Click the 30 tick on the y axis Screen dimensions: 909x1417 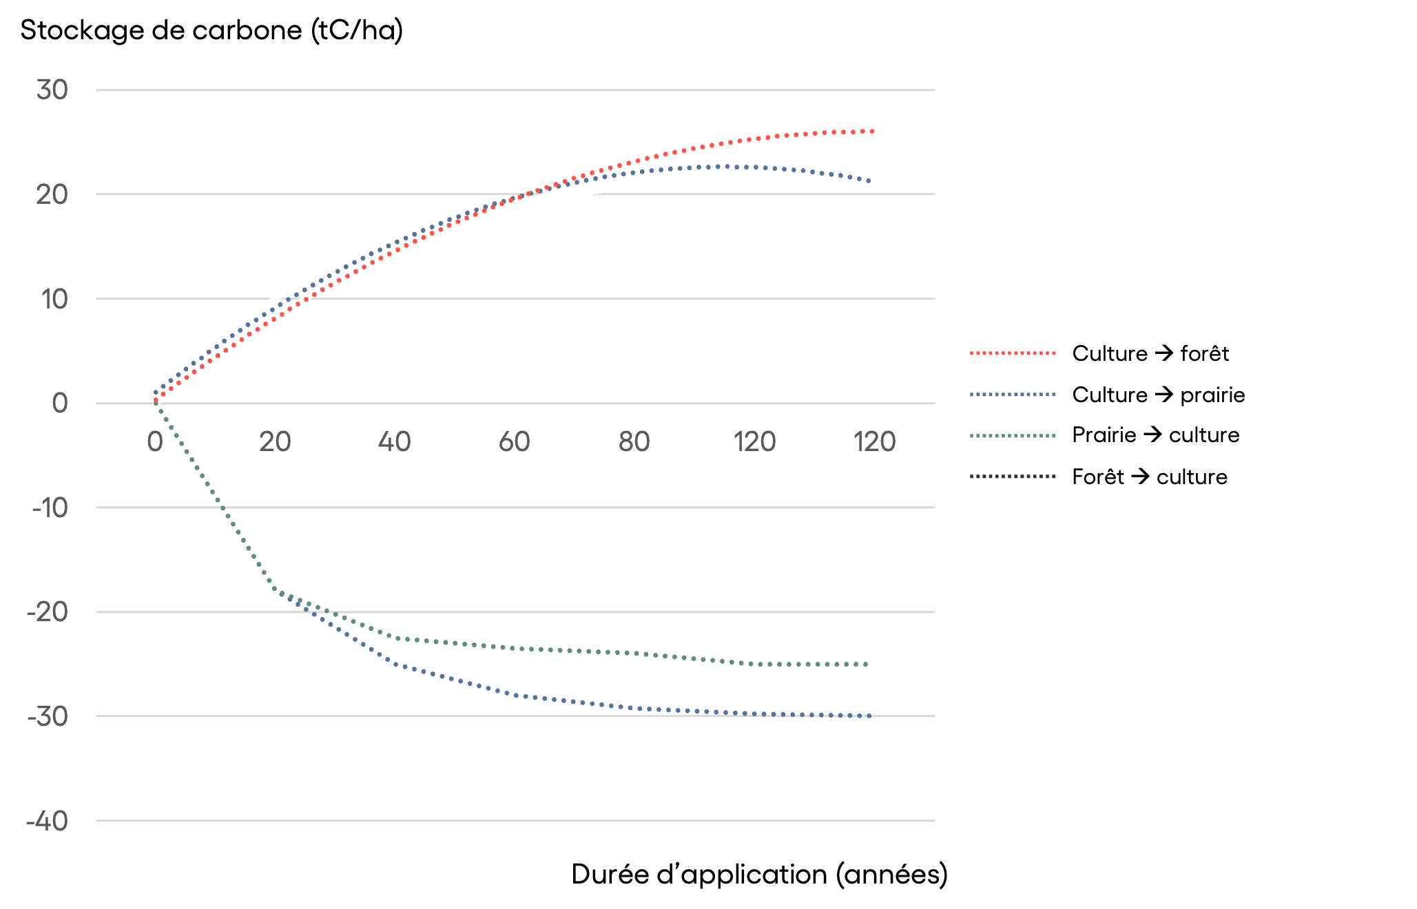pyautogui.click(x=52, y=90)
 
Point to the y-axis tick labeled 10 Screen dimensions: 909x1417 pyautogui.click(x=54, y=299)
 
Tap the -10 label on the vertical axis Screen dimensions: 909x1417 pyautogui.click(x=50, y=508)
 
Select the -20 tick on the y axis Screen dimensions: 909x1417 pyautogui.click(x=48, y=612)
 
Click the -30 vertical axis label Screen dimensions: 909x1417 pyautogui.click(x=48, y=716)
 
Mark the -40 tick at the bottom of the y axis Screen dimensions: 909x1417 pyautogui.click(x=48, y=821)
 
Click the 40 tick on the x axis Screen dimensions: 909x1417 pyautogui.click(x=395, y=441)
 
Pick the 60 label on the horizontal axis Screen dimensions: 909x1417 pyautogui.click(x=515, y=441)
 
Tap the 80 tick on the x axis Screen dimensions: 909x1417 pyautogui.click(x=634, y=441)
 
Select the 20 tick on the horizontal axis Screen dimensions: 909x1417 pyautogui.click(x=275, y=441)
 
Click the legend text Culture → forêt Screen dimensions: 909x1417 pyautogui.click(x=1150, y=353)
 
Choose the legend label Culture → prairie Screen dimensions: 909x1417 pyautogui.click(x=1159, y=395)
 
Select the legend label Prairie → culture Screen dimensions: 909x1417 pyautogui.click(x=1156, y=435)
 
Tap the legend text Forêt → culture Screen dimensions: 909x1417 pyautogui.click(x=1150, y=477)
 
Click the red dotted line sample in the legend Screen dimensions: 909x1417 pyautogui.click(x=1013, y=353)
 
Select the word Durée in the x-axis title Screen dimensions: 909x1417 pyautogui.click(x=610, y=875)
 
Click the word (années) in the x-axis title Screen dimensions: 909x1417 pyautogui.click(x=891, y=875)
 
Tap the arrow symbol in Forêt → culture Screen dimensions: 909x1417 pyautogui.click(x=1140, y=476)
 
